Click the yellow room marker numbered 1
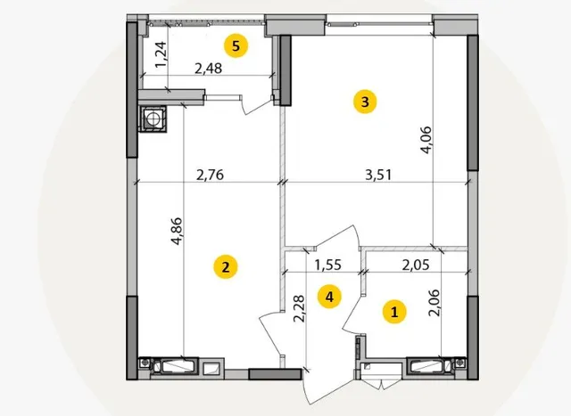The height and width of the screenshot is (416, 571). click(x=394, y=312)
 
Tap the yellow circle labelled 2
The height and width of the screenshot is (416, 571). click(x=226, y=267)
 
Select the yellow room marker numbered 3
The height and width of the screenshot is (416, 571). click(x=365, y=102)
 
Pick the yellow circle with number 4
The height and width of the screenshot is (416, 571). click(x=329, y=298)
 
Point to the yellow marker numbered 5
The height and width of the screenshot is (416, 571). click(x=236, y=46)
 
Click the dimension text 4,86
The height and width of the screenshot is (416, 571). click(x=177, y=231)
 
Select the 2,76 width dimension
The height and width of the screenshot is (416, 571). click(x=211, y=175)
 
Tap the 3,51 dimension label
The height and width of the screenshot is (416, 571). click(x=378, y=175)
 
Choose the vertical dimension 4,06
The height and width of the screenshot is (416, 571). click(x=426, y=140)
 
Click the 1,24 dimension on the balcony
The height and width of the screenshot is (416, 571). click(x=161, y=55)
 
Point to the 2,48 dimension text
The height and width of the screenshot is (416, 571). click(x=208, y=68)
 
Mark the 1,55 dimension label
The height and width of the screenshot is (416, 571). click(x=328, y=265)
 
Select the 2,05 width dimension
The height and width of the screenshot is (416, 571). click(x=416, y=265)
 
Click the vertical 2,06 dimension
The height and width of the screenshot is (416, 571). click(x=434, y=303)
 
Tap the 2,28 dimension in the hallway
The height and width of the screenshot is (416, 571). click(x=299, y=308)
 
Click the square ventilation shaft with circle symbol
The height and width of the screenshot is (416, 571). click(x=153, y=118)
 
